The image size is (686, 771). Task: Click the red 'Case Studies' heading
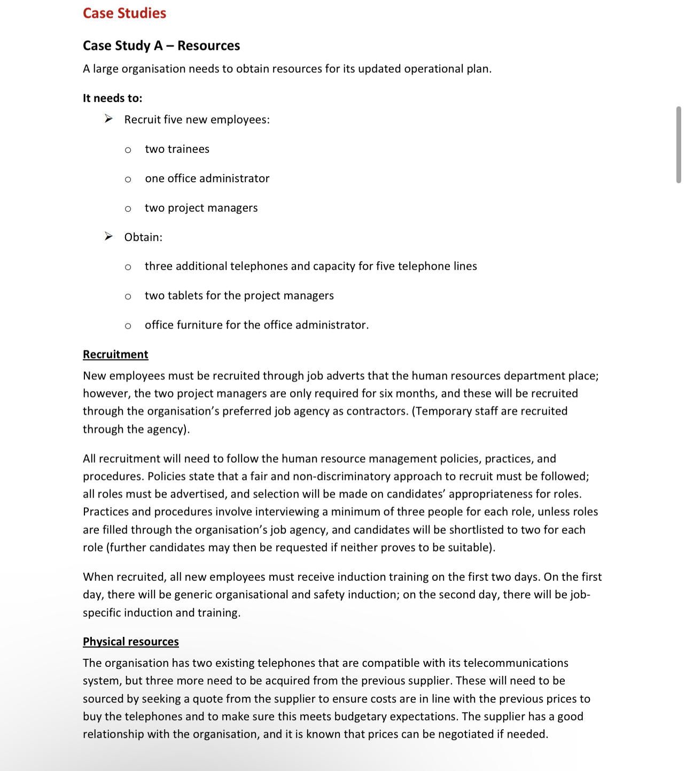point(124,13)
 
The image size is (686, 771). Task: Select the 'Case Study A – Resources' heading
point(161,46)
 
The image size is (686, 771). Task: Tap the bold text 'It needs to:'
point(112,98)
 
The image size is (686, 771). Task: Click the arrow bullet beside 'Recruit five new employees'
point(108,119)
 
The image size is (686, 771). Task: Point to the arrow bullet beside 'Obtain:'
point(108,236)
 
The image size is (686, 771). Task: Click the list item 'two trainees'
point(177,149)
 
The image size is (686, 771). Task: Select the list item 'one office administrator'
point(207,178)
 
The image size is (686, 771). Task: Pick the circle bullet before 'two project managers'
point(128,209)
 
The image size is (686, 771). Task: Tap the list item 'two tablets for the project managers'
point(239,295)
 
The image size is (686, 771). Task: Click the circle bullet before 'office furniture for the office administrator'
point(128,326)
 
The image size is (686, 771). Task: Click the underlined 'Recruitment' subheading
point(115,355)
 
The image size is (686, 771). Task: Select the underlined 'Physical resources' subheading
point(130,642)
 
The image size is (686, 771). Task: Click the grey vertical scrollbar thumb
point(679,145)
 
